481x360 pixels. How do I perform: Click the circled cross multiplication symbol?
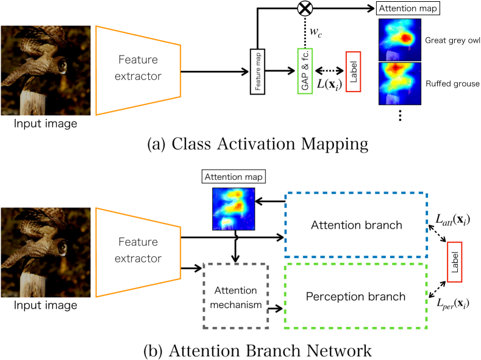[x=304, y=9]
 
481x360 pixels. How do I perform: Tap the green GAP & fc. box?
[x=304, y=71]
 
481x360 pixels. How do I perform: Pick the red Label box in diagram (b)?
[x=454, y=261]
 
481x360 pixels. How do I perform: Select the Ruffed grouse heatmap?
[x=399, y=82]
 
